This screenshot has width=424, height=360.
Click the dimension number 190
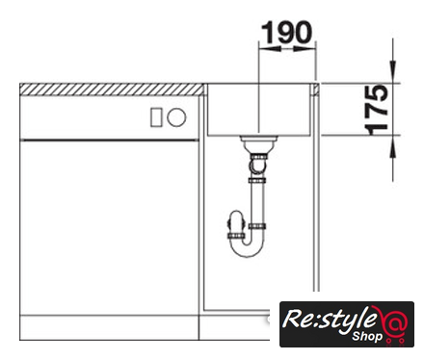coord(286,32)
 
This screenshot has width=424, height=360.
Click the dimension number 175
coord(377,110)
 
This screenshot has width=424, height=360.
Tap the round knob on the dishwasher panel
coord(176,117)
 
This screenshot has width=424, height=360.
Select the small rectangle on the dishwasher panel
coord(156,117)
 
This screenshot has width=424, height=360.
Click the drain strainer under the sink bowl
coord(258,143)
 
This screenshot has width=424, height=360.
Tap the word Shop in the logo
coord(367,337)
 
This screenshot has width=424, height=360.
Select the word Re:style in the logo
coord(330,320)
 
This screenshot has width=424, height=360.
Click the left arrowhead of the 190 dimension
coord(270,49)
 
